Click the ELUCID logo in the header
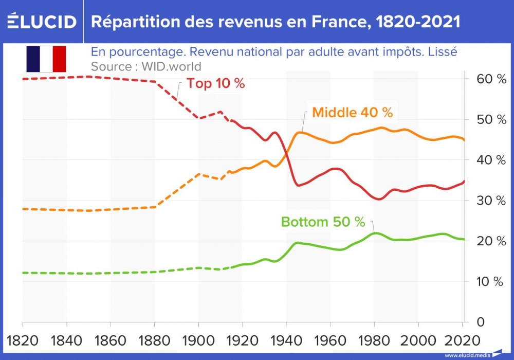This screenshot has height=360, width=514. click(x=41, y=22)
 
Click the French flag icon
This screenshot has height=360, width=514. click(x=46, y=59)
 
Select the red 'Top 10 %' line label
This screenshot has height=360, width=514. click(x=215, y=84)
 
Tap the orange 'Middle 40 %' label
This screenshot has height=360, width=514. click(x=352, y=113)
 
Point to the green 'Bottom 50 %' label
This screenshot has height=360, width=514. click(x=323, y=222)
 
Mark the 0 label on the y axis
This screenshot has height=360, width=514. click(x=481, y=322)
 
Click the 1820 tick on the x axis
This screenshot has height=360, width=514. click(x=23, y=340)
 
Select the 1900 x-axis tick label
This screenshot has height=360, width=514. click(x=198, y=340)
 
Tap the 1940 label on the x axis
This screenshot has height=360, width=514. click(x=286, y=340)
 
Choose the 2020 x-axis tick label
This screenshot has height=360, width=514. click(x=462, y=340)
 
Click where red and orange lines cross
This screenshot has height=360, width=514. click(x=285, y=153)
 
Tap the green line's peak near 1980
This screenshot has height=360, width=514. click(x=376, y=233)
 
